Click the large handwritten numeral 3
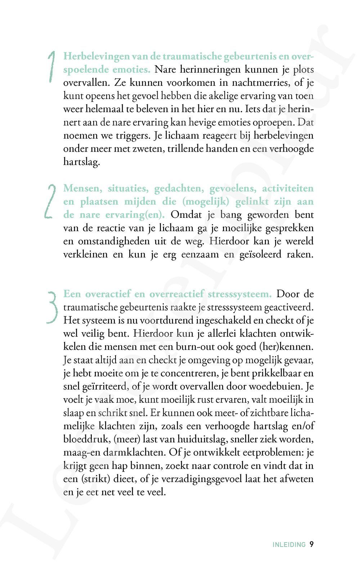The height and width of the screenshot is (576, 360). tap(53, 306)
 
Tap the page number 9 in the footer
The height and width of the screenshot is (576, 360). tap(311, 545)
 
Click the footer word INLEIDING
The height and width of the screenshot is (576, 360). tap(289, 545)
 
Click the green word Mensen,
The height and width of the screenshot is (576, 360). tap(84, 189)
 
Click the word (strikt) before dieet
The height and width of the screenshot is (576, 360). tap(90, 479)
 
